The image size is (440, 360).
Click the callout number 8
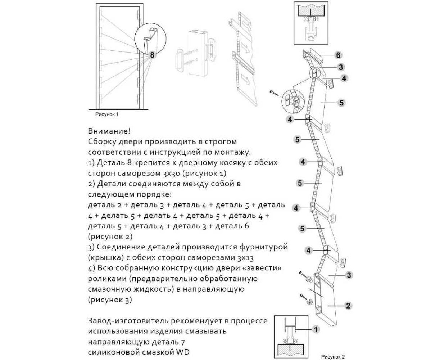tap(153, 55)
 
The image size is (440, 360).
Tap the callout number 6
tap(338, 55)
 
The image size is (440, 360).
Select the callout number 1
tap(315, 329)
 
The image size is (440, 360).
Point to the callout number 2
tap(348, 306)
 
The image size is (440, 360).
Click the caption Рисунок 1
tap(107, 114)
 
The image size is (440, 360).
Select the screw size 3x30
tap(169, 173)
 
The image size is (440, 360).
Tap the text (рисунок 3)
tap(110, 300)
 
